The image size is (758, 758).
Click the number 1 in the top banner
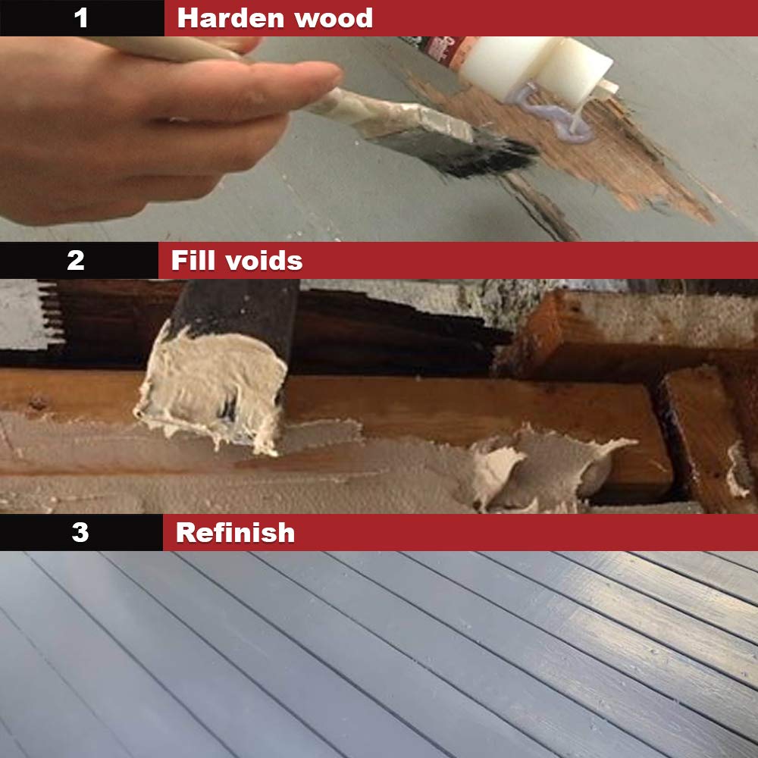pyautogui.click(x=81, y=18)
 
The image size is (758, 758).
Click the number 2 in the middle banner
pyautogui.click(x=76, y=260)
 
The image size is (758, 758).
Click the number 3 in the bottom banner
pyautogui.click(x=80, y=532)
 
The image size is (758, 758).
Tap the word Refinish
pyautogui.click(x=235, y=533)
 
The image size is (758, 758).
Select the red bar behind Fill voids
pyautogui.click(x=531, y=261)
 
